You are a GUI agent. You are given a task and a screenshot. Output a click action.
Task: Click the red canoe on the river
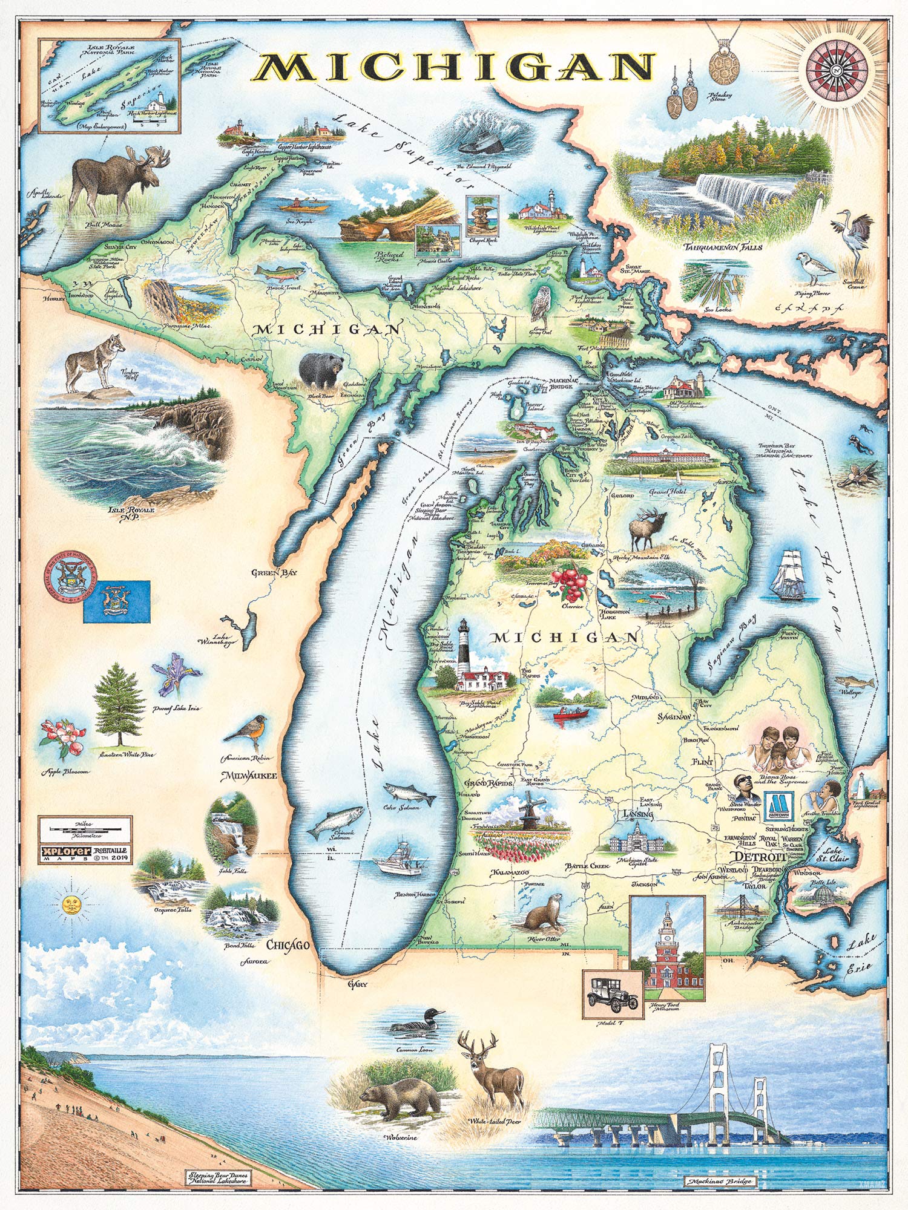click(571, 714)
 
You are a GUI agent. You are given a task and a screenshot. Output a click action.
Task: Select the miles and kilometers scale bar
click(85, 826)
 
